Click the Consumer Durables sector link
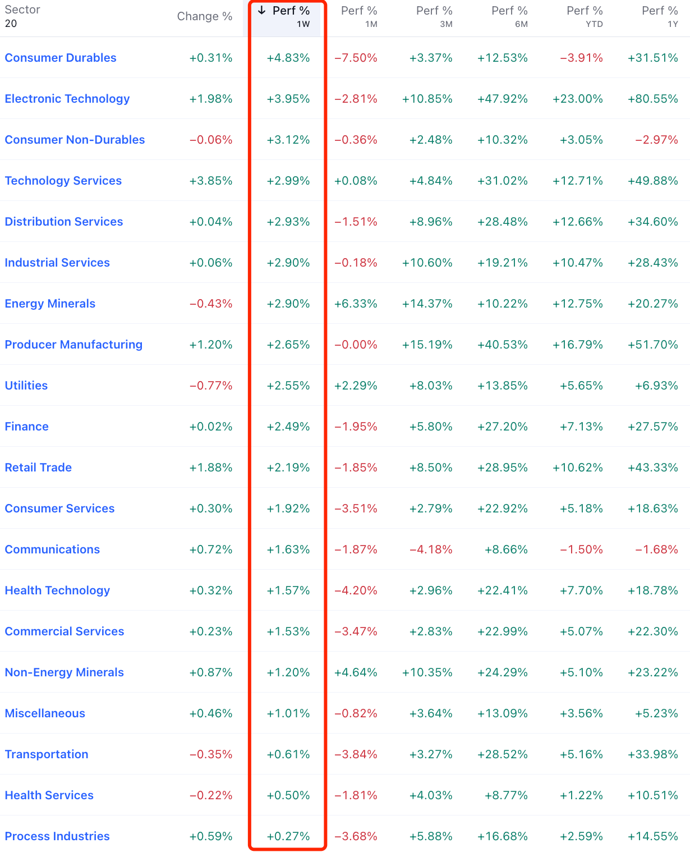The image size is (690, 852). click(61, 58)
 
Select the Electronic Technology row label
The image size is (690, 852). click(67, 99)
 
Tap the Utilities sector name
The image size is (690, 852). click(26, 386)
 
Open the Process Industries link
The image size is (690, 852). click(57, 836)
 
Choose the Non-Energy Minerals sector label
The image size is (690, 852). click(65, 672)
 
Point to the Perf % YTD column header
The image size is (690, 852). click(585, 16)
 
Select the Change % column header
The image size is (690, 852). click(205, 16)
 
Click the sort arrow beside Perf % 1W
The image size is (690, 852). click(262, 11)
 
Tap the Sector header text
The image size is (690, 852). click(22, 10)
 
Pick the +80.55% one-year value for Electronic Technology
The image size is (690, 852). click(653, 99)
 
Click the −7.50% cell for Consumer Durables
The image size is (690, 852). click(356, 58)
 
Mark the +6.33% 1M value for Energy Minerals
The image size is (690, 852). click(356, 304)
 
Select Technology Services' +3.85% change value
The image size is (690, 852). click(211, 181)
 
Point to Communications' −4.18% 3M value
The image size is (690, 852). click(431, 549)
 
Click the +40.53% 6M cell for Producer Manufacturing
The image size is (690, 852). click(503, 345)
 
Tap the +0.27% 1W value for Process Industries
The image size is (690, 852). click(288, 836)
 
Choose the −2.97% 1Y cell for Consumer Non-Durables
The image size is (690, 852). click(656, 140)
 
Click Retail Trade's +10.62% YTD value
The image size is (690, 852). click(578, 468)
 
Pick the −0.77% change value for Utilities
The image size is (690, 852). click(211, 386)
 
